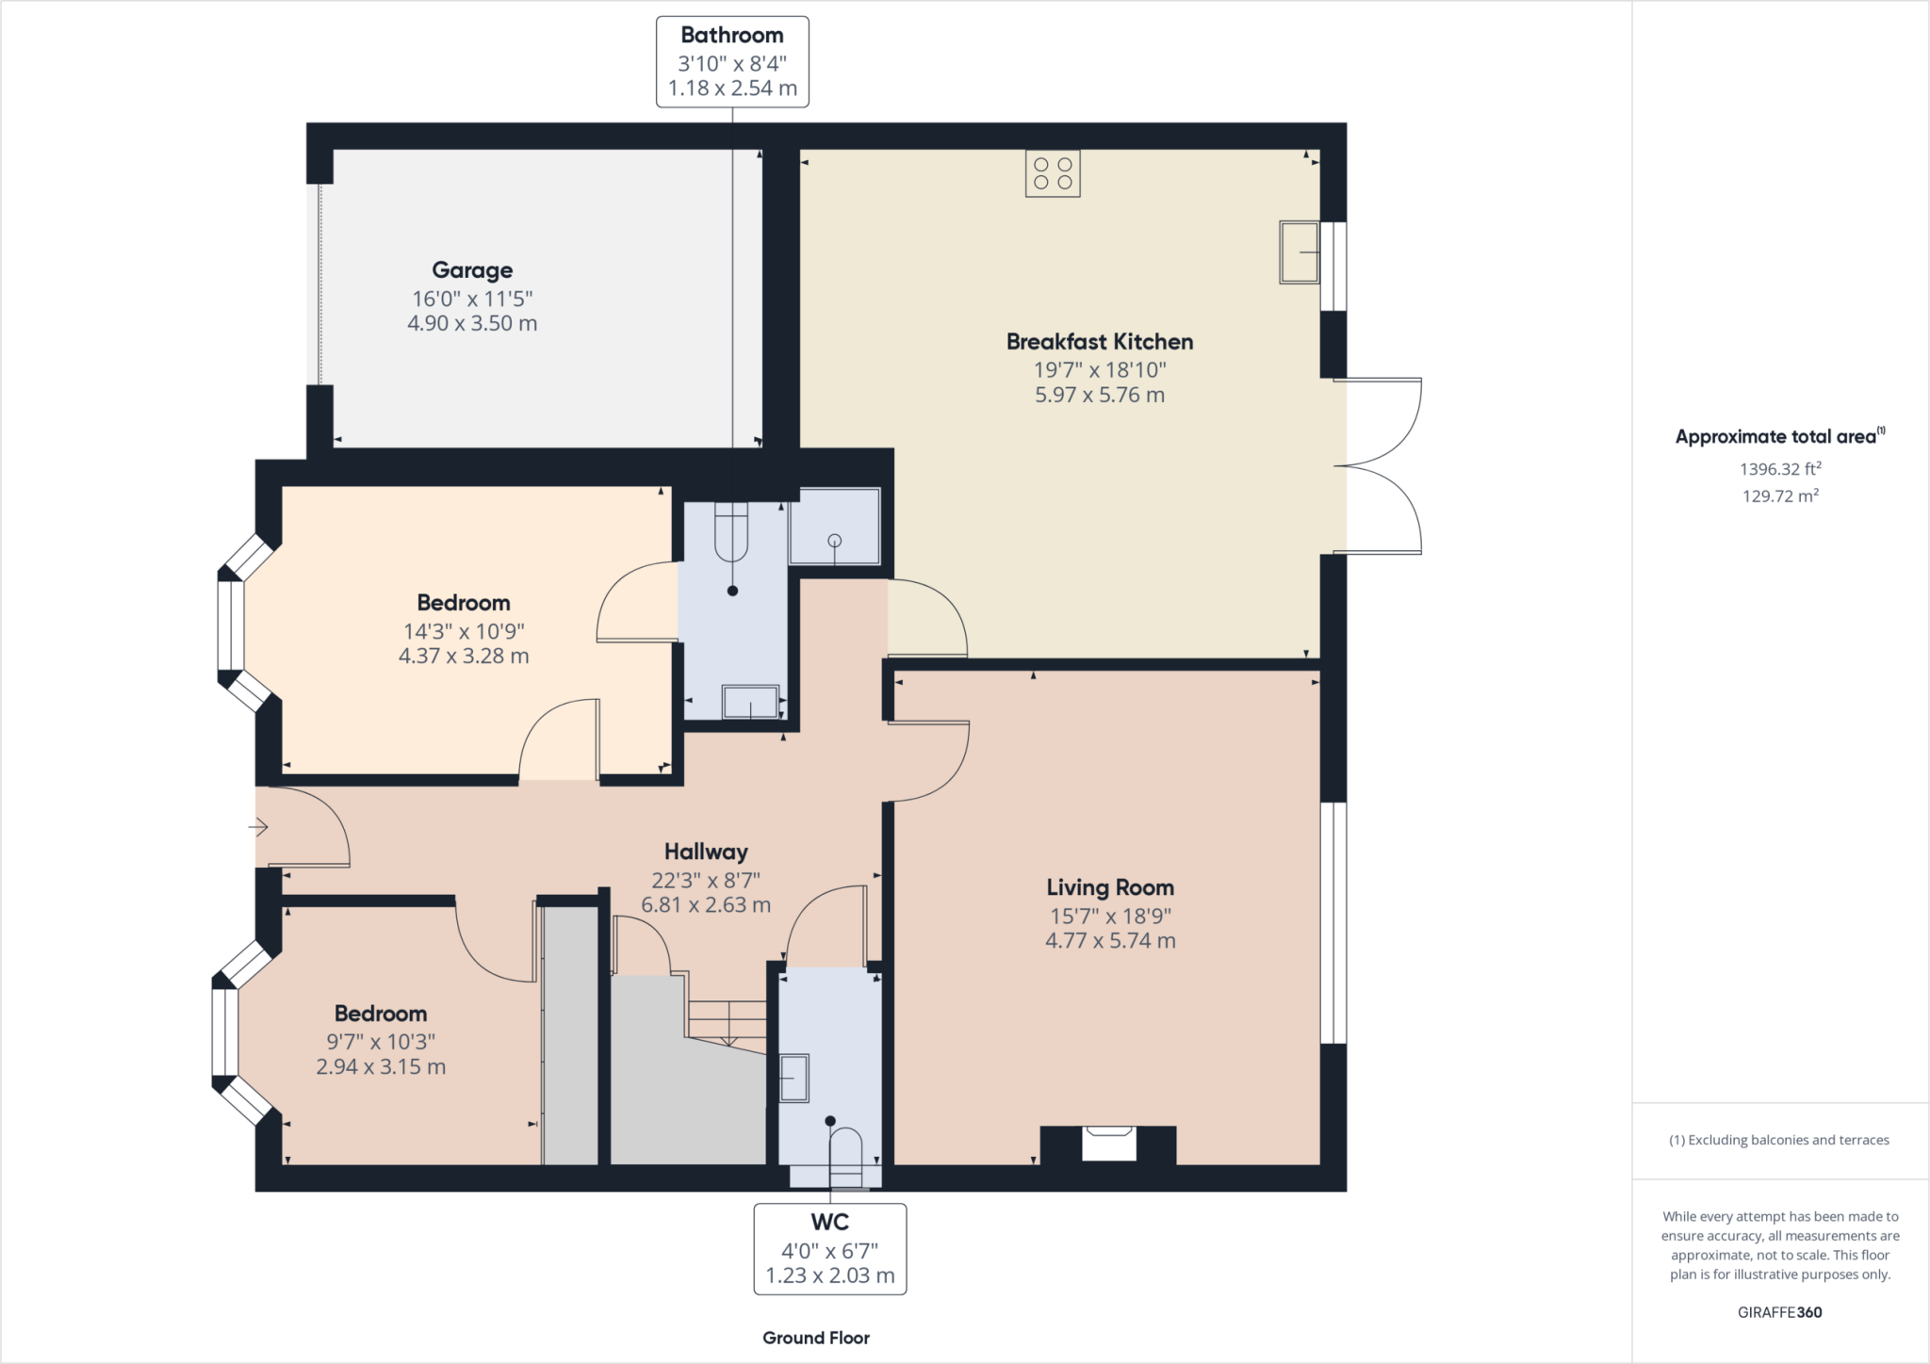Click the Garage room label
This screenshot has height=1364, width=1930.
coord(472,270)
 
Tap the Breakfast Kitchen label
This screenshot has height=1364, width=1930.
coord(1100,342)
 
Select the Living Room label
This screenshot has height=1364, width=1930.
coord(1110,887)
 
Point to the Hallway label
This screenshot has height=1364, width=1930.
coord(706,852)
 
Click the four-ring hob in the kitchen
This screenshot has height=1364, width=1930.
coord(1053,173)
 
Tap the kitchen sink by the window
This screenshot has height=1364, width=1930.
coord(1299,252)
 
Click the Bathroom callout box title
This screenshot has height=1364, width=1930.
coord(732,36)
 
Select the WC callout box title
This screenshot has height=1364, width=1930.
coord(830,1223)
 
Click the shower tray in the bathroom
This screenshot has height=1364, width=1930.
coord(835,526)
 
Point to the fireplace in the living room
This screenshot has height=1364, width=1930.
coord(1108,1145)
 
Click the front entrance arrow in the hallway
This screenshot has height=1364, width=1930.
coord(258,828)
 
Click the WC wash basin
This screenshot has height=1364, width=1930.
coord(793,1078)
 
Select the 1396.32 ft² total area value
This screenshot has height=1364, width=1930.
coord(1780,468)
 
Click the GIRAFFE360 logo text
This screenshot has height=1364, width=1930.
coord(1780,1312)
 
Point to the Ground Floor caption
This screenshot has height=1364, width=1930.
coord(816,1338)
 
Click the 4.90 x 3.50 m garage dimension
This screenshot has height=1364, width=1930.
coord(472,323)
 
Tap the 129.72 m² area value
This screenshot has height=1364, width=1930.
coord(1780,495)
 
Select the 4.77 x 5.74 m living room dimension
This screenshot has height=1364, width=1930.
coord(1110,940)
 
